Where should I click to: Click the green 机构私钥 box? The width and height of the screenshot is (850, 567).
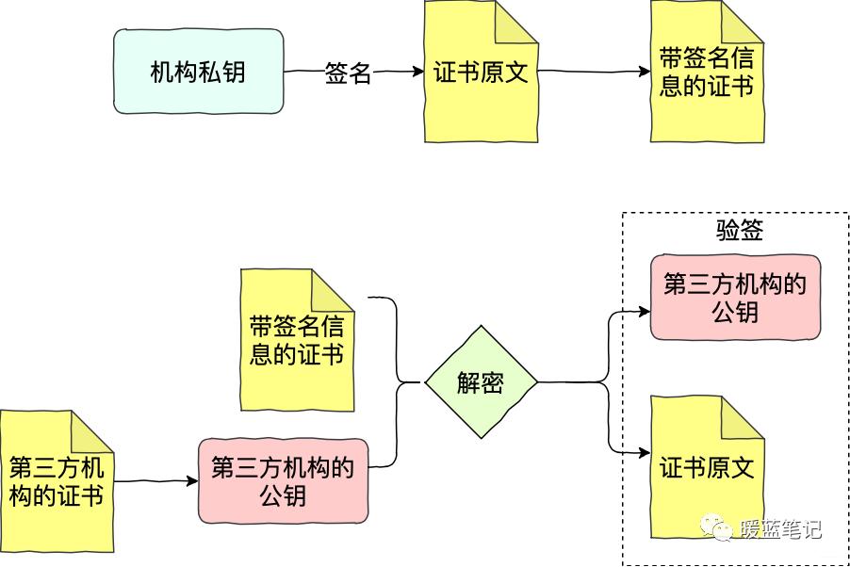coord(198,72)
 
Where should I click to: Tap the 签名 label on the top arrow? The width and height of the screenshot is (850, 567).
coord(348,73)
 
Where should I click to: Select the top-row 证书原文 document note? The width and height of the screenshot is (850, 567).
coord(481,73)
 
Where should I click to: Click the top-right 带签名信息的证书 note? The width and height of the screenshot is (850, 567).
coord(706,73)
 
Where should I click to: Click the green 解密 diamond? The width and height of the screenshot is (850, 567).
coord(481,382)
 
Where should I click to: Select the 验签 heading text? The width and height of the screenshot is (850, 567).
coord(739,231)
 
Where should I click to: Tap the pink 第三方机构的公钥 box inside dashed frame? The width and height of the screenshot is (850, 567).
coord(735,297)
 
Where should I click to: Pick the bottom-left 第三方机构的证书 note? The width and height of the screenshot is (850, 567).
coord(56,481)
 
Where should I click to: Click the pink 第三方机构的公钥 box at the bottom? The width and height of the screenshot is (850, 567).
coord(283,481)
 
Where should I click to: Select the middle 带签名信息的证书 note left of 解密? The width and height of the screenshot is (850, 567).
coord(296,341)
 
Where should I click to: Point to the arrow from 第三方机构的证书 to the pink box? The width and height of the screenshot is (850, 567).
coord(155,481)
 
